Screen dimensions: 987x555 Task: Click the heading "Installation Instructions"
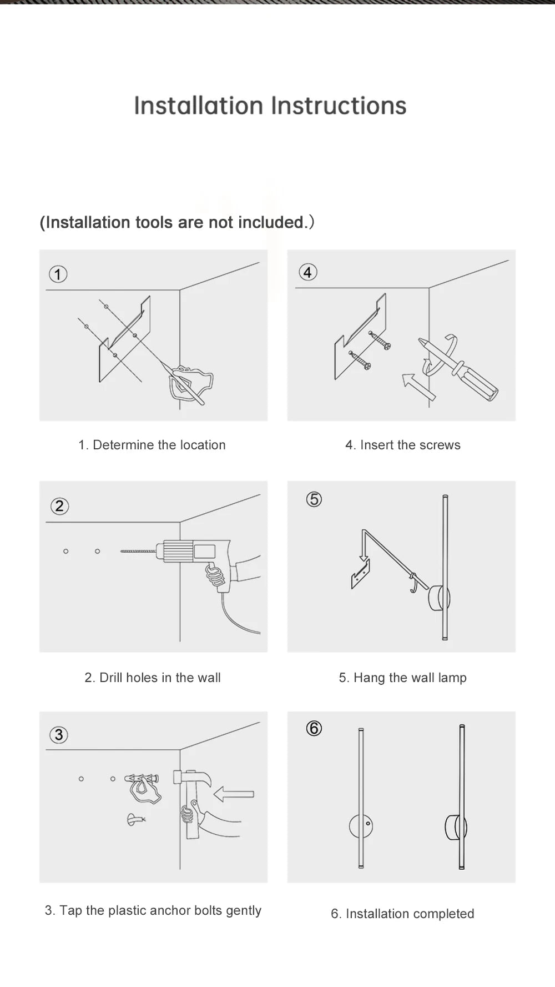(270, 106)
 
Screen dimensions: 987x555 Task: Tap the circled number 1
(58, 274)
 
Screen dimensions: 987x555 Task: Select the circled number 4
(308, 272)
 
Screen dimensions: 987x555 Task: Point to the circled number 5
(314, 499)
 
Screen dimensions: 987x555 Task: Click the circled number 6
(314, 728)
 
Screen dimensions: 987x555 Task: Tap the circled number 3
(59, 735)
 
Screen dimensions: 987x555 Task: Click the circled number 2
(59, 506)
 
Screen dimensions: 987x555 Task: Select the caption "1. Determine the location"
(152, 445)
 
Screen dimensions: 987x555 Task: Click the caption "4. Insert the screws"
(402, 445)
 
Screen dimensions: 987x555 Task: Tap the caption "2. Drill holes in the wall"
(153, 678)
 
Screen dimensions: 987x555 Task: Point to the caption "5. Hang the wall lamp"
(402, 678)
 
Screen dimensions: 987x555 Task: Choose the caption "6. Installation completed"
(402, 914)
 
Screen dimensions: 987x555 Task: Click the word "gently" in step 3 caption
(243, 910)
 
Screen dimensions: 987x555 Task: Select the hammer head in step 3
(191, 778)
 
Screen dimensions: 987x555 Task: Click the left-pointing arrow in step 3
(234, 794)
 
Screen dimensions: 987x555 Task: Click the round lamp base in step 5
(438, 599)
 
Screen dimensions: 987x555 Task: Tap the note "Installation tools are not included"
(176, 222)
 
